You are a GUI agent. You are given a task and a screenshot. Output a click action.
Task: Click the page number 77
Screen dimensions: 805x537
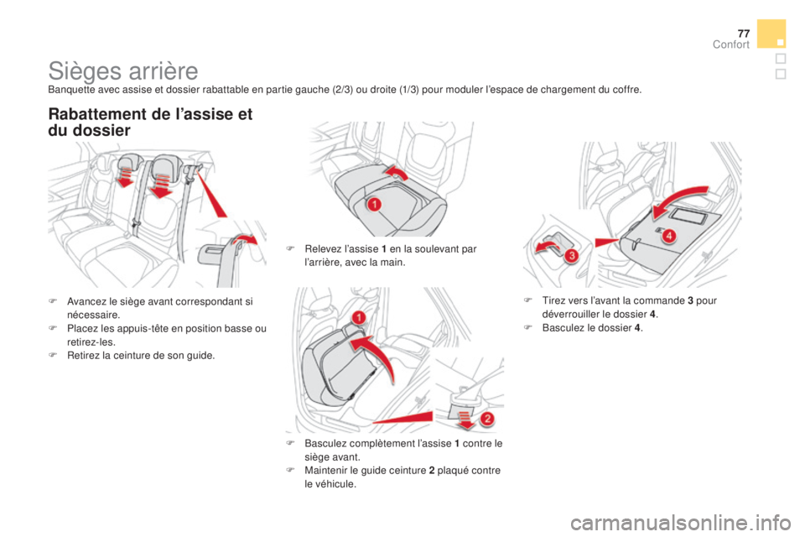[744, 34]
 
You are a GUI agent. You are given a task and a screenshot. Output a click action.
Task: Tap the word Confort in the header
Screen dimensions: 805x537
[731, 44]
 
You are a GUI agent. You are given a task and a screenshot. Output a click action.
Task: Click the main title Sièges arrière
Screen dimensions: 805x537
[123, 71]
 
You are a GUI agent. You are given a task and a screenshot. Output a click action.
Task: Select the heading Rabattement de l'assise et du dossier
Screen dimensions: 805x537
[150, 122]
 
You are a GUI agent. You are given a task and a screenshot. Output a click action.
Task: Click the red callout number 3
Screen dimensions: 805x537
[571, 255]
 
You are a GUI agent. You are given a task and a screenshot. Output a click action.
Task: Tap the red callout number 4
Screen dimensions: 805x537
[668, 236]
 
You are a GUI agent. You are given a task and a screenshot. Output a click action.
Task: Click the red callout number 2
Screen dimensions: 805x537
[487, 419]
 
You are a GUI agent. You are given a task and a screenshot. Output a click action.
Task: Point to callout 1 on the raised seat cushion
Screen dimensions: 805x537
[374, 204]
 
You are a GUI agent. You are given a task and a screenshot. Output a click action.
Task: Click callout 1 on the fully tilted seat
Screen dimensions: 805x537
[359, 317]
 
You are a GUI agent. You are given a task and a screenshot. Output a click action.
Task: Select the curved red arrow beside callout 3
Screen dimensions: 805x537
[548, 246]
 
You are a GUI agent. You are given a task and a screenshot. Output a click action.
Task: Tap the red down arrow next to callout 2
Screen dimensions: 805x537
[465, 419]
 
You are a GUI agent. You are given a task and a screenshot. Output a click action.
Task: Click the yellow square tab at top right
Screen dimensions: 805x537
[771, 34]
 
